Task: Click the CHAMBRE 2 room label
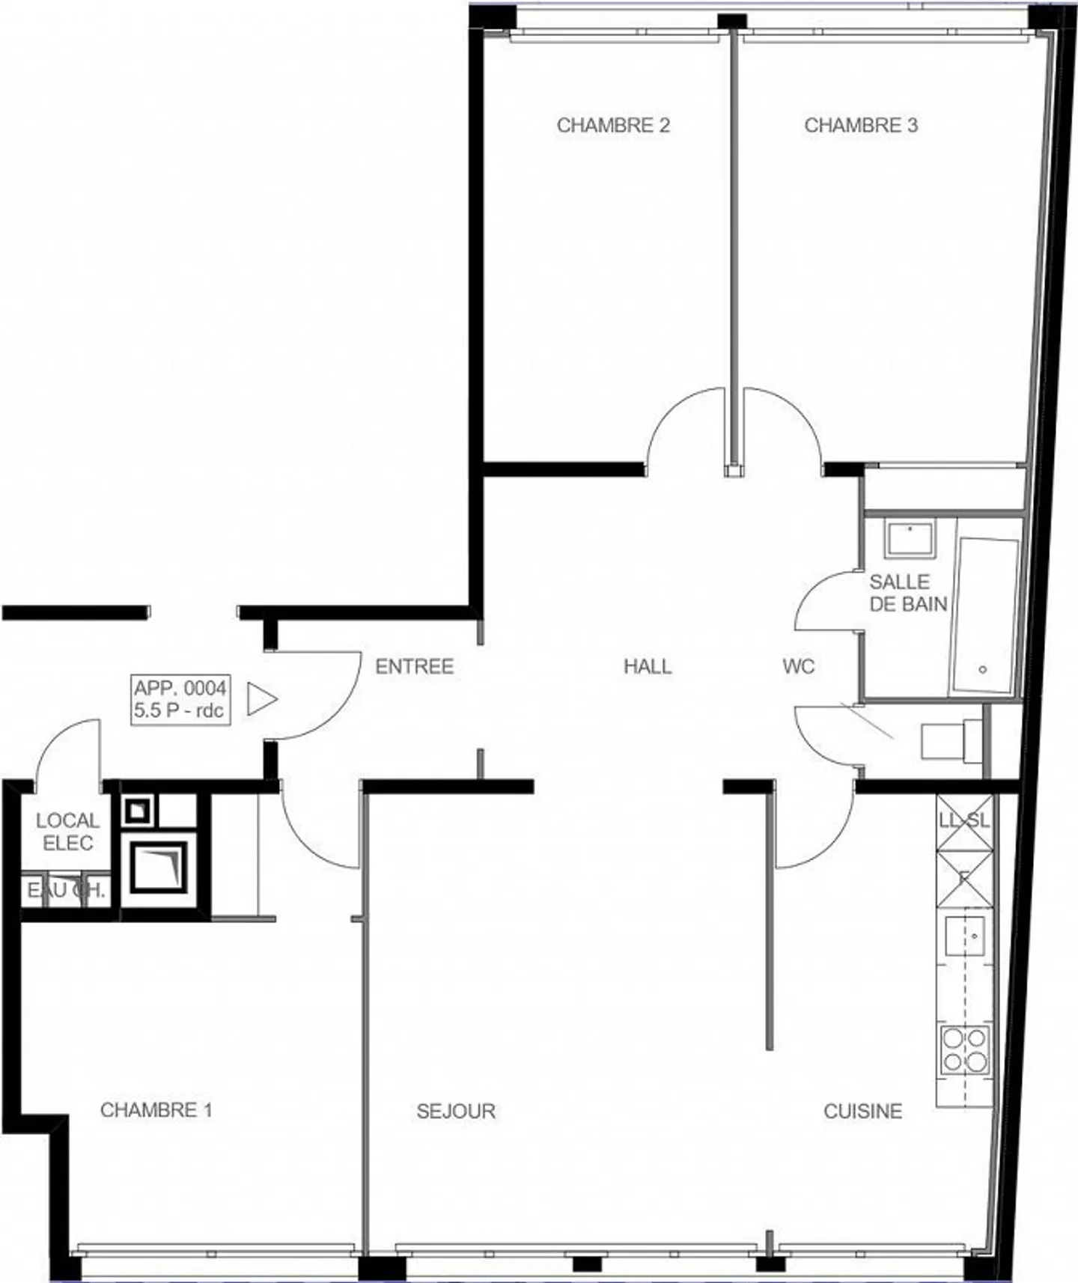click(x=612, y=125)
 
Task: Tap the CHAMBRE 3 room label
click(x=860, y=125)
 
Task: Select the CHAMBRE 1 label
click(x=156, y=1109)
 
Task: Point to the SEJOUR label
click(x=456, y=1111)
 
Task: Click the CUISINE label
click(x=862, y=1111)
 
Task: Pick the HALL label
click(x=648, y=666)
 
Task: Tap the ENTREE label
click(x=414, y=666)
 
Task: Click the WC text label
click(x=798, y=666)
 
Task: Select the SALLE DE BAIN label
click(x=907, y=593)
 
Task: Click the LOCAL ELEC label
click(x=67, y=832)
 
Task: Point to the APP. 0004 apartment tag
click(x=180, y=698)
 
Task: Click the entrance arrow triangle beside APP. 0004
click(x=261, y=699)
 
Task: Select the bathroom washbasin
click(x=910, y=540)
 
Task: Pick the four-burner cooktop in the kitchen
click(x=965, y=1049)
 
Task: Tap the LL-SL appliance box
click(x=964, y=820)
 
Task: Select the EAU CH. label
click(x=66, y=891)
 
